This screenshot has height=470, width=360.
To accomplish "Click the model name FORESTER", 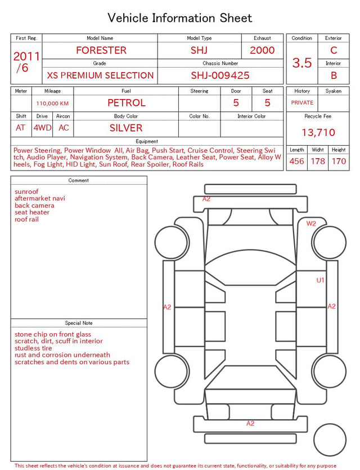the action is pyautogui.click(x=101, y=50).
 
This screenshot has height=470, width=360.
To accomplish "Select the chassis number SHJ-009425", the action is pyautogui.click(x=220, y=75).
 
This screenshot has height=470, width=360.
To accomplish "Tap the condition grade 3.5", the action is pyautogui.click(x=302, y=62).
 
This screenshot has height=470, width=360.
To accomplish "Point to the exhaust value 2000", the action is pyautogui.click(x=262, y=50).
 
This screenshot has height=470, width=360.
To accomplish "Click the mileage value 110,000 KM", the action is pyautogui.click(x=52, y=104).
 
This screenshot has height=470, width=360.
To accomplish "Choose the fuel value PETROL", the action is pyautogui.click(x=127, y=103).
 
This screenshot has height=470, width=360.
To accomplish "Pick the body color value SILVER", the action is pyautogui.click(x=126, y=128).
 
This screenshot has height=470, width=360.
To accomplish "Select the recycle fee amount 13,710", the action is pyautogui.click(x=318, y=132).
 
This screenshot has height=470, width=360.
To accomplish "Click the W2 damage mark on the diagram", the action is pyautogui.click(x=311, y=223).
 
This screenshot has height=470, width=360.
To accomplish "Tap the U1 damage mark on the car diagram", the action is pyautogui.click(x=320, y=280).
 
